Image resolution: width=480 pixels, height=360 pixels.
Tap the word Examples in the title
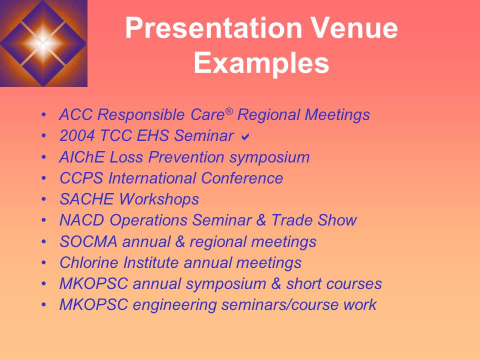click(261, 64)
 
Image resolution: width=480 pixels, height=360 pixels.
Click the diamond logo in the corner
click(43, 43)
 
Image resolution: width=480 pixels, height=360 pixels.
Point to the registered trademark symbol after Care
click(229, 111)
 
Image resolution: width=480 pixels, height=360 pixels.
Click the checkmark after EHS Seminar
click(245, 136)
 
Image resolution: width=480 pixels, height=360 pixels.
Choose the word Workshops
click(158, 199)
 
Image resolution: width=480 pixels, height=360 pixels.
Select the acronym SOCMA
click(88, 241)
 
